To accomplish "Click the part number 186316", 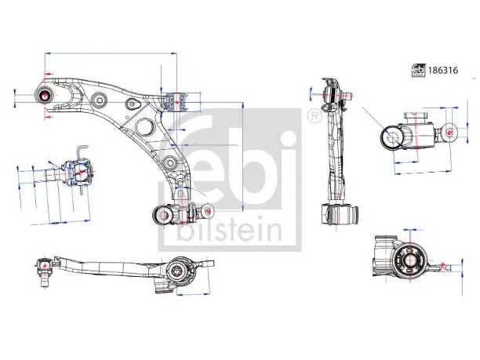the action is [x=443, y=71].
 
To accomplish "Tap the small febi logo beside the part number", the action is [x=418, y=71].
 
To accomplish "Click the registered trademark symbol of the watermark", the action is [x=314, y=116].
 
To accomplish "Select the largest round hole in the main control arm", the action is [x=144, y=126].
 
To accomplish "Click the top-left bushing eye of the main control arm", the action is [x=45, y=95].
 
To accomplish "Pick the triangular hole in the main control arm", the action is [x=133, y=104].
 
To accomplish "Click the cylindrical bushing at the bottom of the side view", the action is [x=340, y=215].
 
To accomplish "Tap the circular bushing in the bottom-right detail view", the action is [x=409, y=260].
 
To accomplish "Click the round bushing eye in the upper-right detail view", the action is [x=392, y=137].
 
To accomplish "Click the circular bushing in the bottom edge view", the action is [x=179, y=271].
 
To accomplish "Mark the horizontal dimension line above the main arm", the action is [x=111, y=53].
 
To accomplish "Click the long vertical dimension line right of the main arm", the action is [x=243, y=156].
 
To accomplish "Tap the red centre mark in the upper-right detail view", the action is [x=449, y=133].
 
